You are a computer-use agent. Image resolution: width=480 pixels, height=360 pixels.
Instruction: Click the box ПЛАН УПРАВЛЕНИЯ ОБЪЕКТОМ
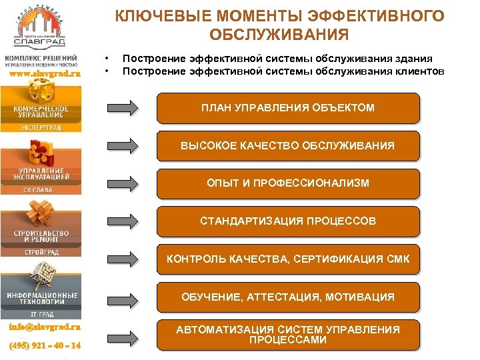pos(288,108)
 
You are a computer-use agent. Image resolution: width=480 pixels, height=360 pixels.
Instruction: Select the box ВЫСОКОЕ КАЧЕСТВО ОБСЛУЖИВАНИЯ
pos(288,145)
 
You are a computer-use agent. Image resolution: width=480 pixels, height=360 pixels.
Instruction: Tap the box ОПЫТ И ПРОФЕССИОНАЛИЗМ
pos(288,183)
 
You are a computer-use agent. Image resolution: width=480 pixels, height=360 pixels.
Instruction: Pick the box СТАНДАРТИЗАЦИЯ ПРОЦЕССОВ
pos(288,221)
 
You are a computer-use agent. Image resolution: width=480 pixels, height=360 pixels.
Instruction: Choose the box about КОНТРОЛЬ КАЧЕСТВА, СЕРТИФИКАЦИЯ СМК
pos(288,259)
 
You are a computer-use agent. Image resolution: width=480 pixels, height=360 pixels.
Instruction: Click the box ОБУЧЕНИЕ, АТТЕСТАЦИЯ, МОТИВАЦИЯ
pos(288,297)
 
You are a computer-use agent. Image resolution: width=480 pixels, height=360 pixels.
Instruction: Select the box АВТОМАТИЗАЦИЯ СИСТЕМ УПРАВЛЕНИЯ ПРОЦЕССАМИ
pos(288,335)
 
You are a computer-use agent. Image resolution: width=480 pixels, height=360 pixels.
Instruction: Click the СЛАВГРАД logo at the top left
pos(41,30)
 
